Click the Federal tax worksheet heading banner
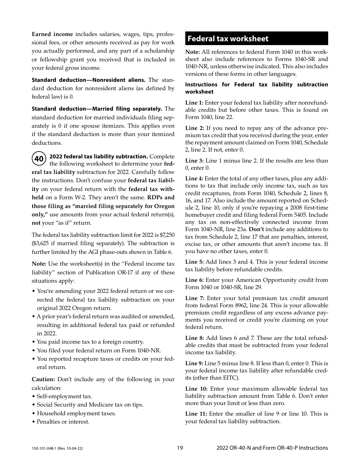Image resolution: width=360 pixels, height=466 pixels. pos(257,39)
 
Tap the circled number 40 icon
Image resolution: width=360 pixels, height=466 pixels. pos(39,159)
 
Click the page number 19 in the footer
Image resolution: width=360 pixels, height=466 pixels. pos(180,448)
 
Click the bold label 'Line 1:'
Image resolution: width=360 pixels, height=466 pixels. pos(194,103)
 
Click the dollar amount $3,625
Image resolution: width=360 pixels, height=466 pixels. pos(41,243)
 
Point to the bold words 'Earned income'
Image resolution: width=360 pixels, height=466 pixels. pos(52,34)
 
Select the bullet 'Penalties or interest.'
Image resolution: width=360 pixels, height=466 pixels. pos(63,422)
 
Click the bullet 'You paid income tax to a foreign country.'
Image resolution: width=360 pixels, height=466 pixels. pos(90,342)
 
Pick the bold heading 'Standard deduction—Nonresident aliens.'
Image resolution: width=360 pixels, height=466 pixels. pos(88,80)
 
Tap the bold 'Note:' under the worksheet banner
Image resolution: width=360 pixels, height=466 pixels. pos(193,52)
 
